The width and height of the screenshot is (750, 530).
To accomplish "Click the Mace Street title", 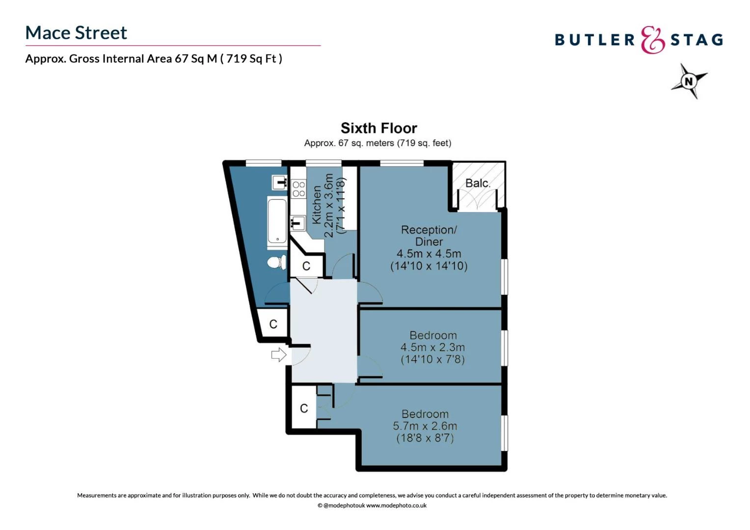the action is pyautogui.click(x=76, y=33).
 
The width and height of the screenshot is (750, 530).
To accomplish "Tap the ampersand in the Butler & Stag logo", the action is pyautogui.click(x=652, y=40).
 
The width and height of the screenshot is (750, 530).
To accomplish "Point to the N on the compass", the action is pyautogui.click(x=689, y=81).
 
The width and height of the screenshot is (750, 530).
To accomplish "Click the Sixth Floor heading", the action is pyautogui.click(x=379, y=128).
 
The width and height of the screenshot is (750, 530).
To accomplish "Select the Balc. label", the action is pyautogui.click(x=478, y=183).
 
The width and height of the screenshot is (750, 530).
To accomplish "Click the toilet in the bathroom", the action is pyautogui.click(x=277, y=262).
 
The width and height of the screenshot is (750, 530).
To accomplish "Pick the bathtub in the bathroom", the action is pyautogui.click(x=277, y=221).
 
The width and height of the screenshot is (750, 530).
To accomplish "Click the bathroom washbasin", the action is pyautogui.click(x=280, y=183).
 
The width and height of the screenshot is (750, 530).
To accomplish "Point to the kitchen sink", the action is pyautogui.click(x=298, y=223).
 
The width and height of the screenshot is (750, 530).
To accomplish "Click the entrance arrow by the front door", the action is pyautogui.click(x=279, y=355).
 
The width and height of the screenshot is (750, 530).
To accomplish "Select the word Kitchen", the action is pyautogui.click(x=317, y=205).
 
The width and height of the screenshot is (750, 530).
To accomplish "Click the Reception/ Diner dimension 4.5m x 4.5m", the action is pyautogui.click(x=429, y=253).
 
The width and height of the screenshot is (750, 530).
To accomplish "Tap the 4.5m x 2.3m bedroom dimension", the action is pyautogui.click(x=432, y=347).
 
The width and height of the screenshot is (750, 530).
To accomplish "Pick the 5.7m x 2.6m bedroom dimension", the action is pyautogui.click(x=425, y=426).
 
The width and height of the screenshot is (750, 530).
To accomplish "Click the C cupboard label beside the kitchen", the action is pyautogui.click(x=306, y=266).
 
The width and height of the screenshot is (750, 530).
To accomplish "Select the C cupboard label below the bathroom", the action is pyautogui.click(x=273, y=324).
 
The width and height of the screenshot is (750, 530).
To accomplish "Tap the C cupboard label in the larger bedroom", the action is pyautogui.click(x=304, y=408).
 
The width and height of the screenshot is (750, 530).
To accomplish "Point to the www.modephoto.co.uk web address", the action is pyautogui.click(x=396, y=505).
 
